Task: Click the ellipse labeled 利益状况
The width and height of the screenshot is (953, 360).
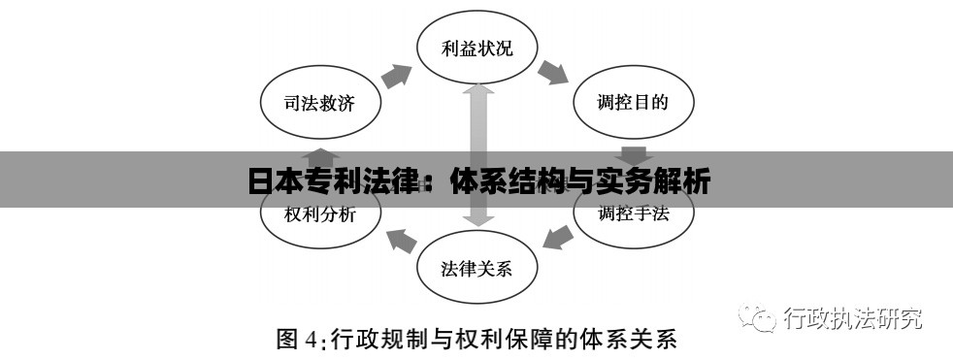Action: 476,48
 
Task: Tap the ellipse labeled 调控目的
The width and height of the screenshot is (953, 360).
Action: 634,103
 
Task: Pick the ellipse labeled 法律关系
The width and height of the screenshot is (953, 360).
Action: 476,268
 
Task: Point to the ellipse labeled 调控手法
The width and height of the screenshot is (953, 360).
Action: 634,214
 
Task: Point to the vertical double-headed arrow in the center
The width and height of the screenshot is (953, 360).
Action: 476,155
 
